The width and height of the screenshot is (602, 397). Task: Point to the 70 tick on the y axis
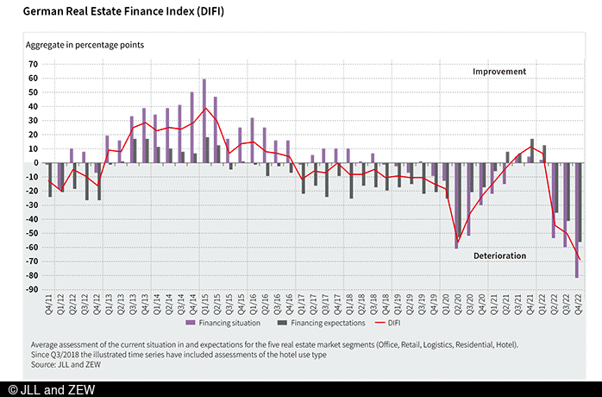(34, 64)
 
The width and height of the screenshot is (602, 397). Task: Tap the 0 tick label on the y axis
(36, 162)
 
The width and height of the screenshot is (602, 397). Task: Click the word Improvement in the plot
(499, 71)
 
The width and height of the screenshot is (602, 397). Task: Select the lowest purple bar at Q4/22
(576, 220)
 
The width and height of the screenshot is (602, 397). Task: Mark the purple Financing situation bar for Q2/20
(456, 205)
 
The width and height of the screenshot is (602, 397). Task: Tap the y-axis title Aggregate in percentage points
(85, 44)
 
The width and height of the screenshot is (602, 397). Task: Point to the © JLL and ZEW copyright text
(48, 389)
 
